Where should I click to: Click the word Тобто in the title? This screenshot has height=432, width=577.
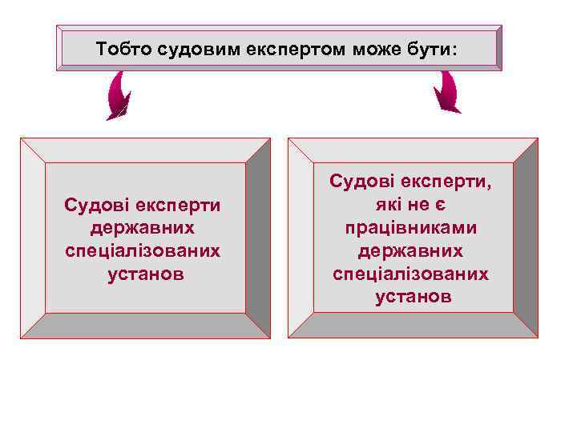[123, 50]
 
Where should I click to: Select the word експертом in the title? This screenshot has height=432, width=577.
[280, 50]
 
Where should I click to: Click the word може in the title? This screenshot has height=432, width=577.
[361, 50]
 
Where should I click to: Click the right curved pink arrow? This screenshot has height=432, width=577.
[446, 93]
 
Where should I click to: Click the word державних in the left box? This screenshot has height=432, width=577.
[144, 228]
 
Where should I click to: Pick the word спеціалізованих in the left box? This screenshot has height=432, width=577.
[144, 250]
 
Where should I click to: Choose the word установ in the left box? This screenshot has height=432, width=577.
[144, 273]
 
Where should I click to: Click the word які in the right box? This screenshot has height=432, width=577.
[383, 206]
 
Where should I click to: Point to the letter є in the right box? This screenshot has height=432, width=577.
[450, 206]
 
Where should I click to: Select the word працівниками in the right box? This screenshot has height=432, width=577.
[411, 228]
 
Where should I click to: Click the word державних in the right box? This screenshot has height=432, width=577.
[411, 250]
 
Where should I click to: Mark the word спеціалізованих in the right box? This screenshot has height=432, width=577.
[411, 273]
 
